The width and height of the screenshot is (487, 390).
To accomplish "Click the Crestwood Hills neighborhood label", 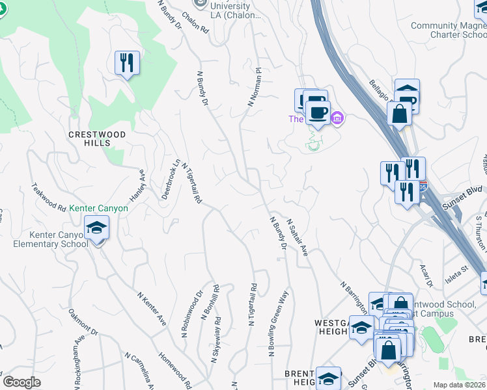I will [x=96, y=138].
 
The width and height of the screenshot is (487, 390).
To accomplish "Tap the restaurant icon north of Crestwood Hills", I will [x=126, y=63].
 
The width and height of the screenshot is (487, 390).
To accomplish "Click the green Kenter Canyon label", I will [x=98, y=209].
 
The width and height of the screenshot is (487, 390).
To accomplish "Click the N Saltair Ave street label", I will [x=297, y=237].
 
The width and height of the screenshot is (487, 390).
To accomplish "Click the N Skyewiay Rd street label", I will [x=216, y=339].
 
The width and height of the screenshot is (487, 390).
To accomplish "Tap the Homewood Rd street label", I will [x=174, y=368].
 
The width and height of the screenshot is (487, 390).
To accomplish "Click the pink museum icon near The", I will [x=337, y=118].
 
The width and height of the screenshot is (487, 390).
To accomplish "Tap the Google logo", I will [x=22, y=382].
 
